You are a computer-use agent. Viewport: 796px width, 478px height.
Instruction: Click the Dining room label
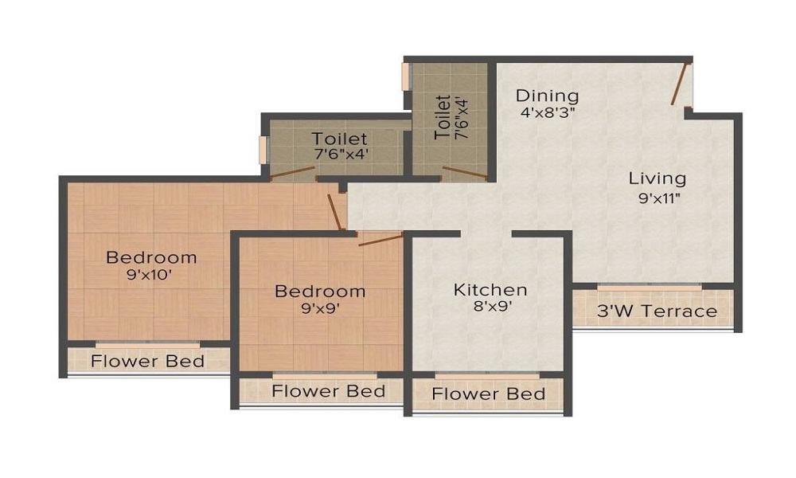(x=548, y=96)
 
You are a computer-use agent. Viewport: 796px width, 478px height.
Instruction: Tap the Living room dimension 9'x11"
(x=659, y=198)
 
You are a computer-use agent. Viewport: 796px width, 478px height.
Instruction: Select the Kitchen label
(x=490, y=289)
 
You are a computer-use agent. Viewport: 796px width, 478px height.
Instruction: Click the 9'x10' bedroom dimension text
(x=150, y=275)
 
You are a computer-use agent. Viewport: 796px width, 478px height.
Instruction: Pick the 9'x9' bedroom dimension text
(x=320, y=308)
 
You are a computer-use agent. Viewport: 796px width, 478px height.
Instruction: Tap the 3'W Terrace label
(x=657, y=311)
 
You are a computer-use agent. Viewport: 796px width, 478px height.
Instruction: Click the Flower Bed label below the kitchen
(x=489, y=394)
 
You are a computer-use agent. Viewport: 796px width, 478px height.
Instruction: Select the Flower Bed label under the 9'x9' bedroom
(x=329, y=391)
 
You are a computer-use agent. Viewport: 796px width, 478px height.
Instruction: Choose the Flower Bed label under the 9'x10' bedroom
(x=148, y=361)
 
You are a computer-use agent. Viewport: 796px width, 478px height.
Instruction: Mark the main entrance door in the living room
(x=681, y=84)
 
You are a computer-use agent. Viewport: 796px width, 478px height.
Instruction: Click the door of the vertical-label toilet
(x=465, y=173)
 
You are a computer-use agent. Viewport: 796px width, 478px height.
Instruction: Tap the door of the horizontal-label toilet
(x=292, y=173)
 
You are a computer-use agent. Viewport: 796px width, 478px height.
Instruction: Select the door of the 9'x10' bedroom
(x=336, y=213)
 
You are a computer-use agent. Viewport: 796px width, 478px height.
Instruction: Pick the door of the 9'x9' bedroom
(x=380, y=239)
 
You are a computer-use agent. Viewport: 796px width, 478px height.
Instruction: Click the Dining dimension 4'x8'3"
(x=548, y=112)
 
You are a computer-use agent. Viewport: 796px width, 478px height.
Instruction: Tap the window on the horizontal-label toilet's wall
(x=263, y=151)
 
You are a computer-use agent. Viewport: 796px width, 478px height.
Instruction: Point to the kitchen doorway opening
(x=486, y=234)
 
